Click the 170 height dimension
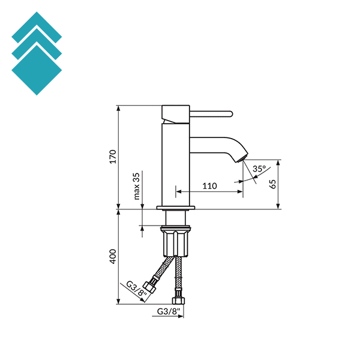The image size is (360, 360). point(112,157)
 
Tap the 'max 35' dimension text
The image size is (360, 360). point(137,186)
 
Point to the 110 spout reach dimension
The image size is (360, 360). point(209,186)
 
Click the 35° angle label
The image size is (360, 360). point(259,169)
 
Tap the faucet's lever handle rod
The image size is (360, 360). point(211,113)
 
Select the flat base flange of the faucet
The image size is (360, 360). point(176,208)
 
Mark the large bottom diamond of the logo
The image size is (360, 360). point(37,70)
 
